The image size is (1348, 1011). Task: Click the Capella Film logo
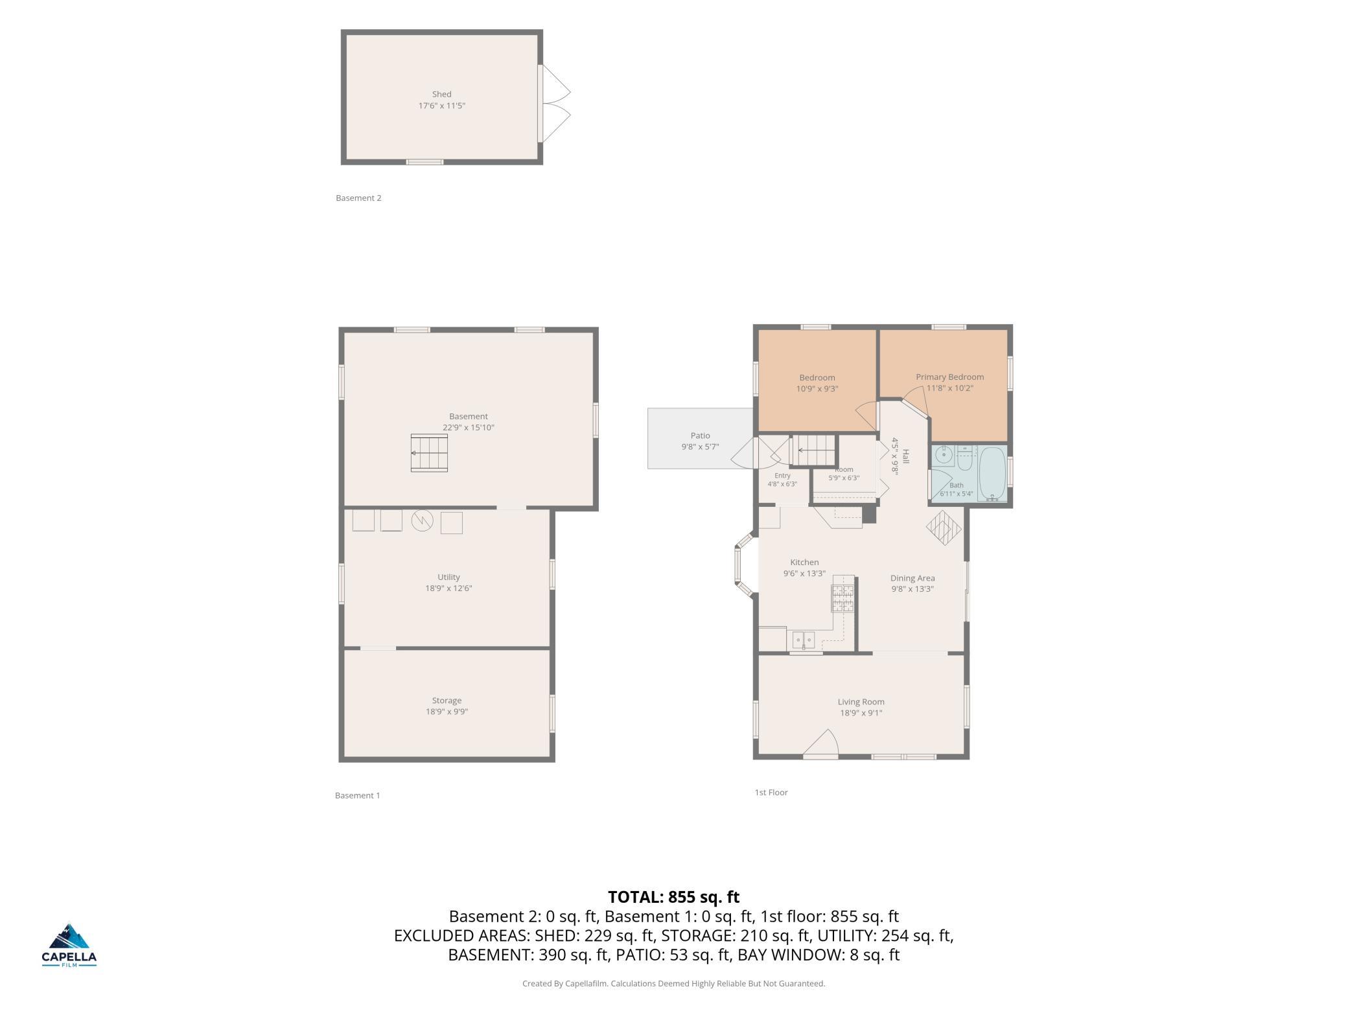69,945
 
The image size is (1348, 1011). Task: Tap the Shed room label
441,94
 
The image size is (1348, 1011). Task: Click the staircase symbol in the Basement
429,453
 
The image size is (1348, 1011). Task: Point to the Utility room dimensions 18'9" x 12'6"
448,588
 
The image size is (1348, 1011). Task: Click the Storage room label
447,701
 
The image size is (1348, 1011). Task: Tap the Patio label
700,436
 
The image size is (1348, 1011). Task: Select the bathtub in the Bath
992,474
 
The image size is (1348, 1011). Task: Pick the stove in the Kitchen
843,598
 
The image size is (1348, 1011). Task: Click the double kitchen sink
804,640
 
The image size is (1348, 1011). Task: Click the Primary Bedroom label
949,377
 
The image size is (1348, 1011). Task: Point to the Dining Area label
912,578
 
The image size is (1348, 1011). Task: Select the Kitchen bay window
743,563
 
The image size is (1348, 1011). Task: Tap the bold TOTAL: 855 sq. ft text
673,897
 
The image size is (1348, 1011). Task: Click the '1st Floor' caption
771,792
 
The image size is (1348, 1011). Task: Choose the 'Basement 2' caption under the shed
358,198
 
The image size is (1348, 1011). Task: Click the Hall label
905,456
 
